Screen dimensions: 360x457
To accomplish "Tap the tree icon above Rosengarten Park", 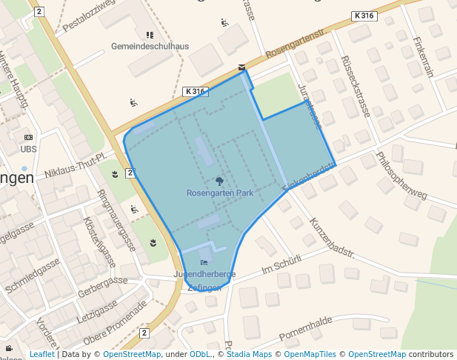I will click(219, 180).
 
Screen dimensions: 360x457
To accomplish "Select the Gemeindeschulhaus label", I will click(150, 46).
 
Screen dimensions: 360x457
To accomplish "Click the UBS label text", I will click(29, 149).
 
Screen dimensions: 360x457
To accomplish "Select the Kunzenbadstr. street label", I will click(333, 237).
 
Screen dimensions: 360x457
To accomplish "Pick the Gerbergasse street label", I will click(103, 285).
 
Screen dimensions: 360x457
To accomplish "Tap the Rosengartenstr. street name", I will click(296, 43).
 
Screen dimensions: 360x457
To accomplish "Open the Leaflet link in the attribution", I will click(41, 354).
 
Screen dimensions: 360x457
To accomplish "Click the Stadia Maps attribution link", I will click(248, 354).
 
